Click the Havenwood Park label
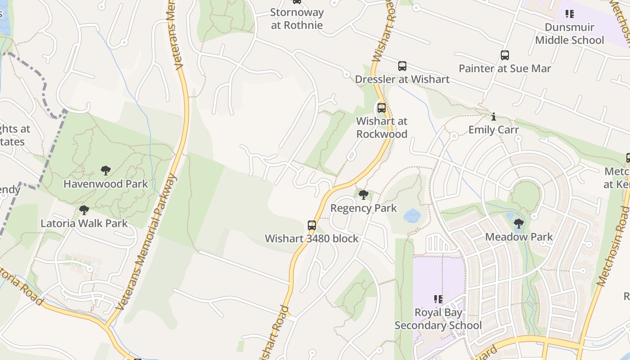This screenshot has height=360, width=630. pos(106,184)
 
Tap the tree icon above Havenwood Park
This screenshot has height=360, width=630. pos(106,171)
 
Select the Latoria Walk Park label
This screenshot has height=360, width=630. pos(84,224)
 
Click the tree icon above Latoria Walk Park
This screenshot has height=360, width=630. pos(84,210)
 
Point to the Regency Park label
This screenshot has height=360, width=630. pos(364,208)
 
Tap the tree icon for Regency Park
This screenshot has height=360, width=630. pos(364,195)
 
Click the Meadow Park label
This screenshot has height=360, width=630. pos(519,237)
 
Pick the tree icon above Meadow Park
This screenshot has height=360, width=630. pos(519,223)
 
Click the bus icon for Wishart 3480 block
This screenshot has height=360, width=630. pos(312,225)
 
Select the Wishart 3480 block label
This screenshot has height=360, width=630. pos(312,239)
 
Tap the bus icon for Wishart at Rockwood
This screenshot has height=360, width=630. pos(382,108)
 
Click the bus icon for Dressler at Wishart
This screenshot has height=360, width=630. pos(402,66)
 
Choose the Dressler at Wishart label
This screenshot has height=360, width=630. pos(402,80)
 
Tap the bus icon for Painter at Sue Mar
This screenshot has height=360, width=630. pos(505,55)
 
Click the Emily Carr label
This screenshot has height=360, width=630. pos(494,130)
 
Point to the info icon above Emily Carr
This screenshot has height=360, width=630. pos(494,117)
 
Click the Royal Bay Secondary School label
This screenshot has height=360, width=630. pos(438,319)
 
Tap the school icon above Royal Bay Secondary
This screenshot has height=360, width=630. pos(438,299)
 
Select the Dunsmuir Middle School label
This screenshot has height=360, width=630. pos(570,34)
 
